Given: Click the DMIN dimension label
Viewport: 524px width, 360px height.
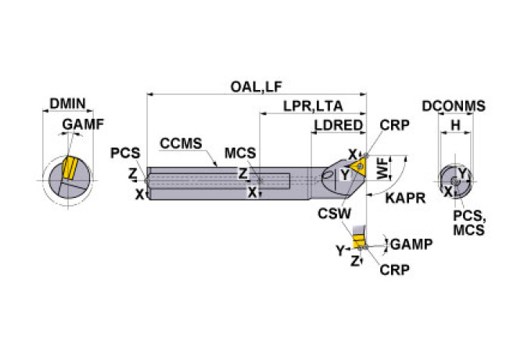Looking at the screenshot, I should pyautogui.click(x=68, y=103).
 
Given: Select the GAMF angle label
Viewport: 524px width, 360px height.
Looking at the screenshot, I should pyautogui.click(x=83, y=124).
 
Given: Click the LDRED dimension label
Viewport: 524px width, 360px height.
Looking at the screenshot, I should pyautogui.click(x=338, y=125).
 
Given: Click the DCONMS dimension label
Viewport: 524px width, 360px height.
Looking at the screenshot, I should pyautogui.click(x=454, y=106).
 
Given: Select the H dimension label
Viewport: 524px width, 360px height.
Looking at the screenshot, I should pyautogui.click(x=454, y=125).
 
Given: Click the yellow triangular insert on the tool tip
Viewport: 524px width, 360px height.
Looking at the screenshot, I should pyautogui.click(x=359, y=167).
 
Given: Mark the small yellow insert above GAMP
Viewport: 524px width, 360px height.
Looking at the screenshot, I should pyautogui.click(x=358, y=238).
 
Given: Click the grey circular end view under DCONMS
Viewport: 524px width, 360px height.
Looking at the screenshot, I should pyautogui.click(x=454, y=180).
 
